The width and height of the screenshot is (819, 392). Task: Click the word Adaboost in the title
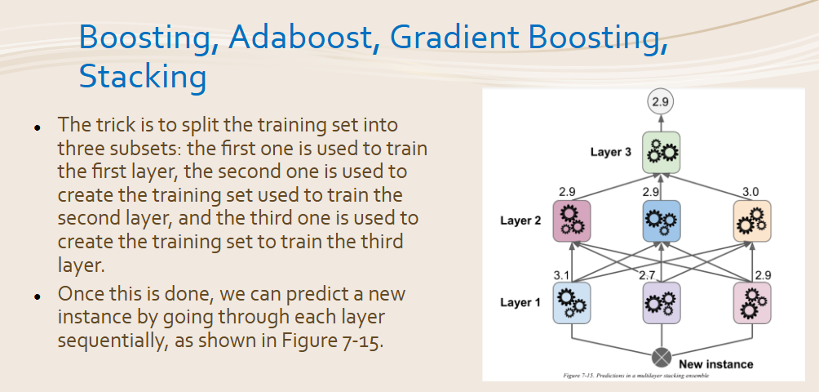[299, 38]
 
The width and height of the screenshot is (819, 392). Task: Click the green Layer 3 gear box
[661, 153]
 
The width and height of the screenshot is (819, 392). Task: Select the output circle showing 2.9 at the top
[661, 102]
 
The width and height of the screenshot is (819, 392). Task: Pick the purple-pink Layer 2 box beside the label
[571, 221]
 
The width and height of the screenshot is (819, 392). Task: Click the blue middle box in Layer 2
[662, 221]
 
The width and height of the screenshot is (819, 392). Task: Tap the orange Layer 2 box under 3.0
[752, 221]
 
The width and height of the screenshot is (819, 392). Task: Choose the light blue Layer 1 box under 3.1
[571, 303]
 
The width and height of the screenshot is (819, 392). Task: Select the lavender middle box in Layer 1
[662, 303]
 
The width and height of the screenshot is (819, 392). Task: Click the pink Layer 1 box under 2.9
[752, 303]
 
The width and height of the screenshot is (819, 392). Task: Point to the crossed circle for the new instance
[662, 359]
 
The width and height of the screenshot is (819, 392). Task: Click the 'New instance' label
[716, 364]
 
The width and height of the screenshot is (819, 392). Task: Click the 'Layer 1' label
[521, 303]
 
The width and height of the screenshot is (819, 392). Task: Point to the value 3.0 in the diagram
[750, 193]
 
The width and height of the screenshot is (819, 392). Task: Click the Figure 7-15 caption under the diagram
[636, 376]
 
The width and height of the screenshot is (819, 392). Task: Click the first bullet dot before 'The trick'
[37, 128]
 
